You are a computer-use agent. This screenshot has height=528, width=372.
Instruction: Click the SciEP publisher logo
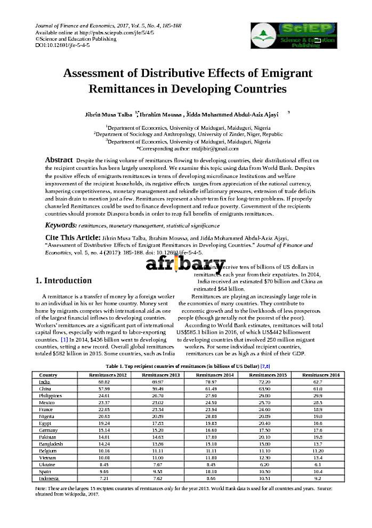click(x=294, y=35)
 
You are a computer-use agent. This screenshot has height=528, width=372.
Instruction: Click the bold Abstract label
click(x=59, y=160)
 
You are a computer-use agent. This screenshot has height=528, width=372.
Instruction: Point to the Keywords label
click(x=61, y=226)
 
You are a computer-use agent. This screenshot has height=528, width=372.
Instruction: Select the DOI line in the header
click(x=62, y=45)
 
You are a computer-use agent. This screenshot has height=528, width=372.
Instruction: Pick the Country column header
click(x=48, y=375)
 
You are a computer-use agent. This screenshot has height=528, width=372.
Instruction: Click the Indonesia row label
click(x=49, y=478)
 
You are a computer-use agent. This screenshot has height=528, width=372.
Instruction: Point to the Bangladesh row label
click(x=51, y=444)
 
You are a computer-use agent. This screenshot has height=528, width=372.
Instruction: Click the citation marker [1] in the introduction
click(x=64, y=339)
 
